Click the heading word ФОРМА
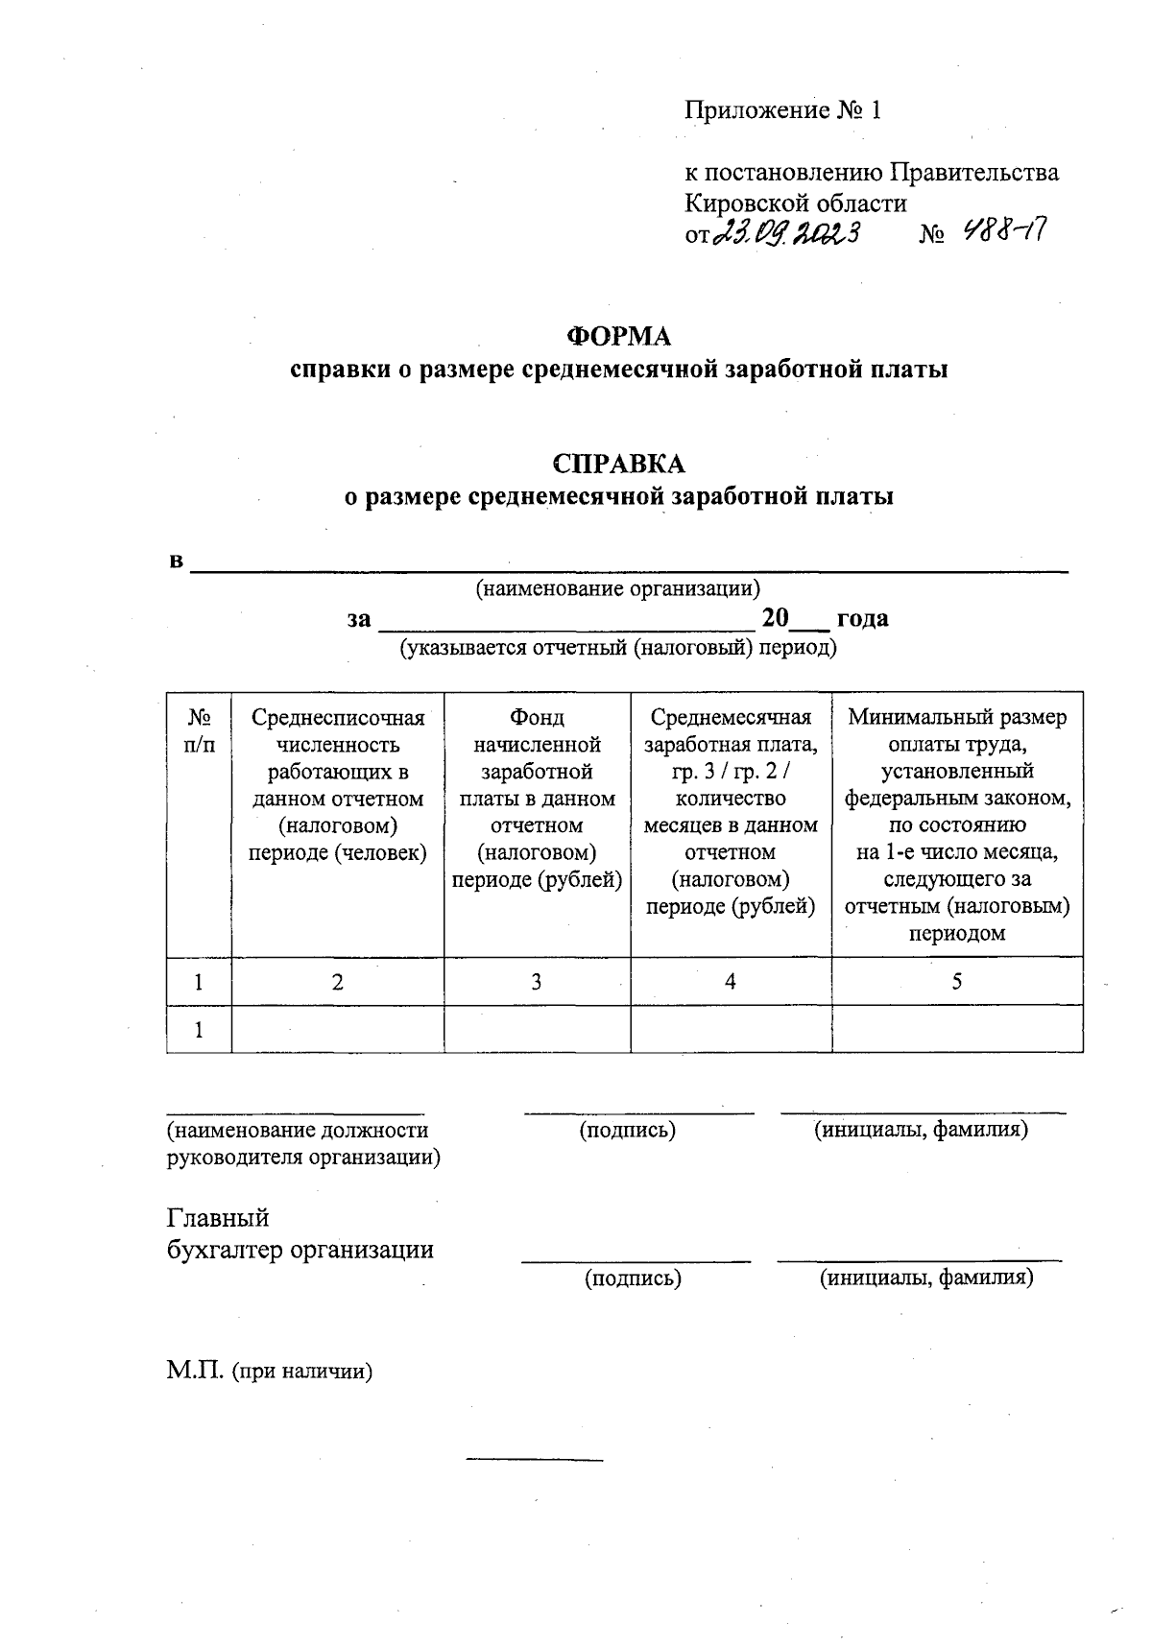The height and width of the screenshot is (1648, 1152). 619,336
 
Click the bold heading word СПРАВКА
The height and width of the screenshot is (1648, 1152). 619,464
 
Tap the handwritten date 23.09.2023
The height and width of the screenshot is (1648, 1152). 787,232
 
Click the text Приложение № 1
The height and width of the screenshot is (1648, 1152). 782,110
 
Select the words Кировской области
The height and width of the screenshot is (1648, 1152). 795,203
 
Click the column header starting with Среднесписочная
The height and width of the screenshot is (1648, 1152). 337,785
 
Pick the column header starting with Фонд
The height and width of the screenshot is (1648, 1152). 537,799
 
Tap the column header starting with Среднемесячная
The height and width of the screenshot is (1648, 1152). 731,812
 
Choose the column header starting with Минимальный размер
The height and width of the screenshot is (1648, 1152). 957,825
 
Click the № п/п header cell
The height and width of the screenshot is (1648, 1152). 199,730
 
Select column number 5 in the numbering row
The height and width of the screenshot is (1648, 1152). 957,981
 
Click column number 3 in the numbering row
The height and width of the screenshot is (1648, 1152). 537,981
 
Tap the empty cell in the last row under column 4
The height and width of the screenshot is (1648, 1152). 731,1030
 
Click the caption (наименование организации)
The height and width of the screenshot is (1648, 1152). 619,588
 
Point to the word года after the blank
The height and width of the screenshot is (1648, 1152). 862,618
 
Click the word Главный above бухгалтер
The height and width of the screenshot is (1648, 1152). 218,1218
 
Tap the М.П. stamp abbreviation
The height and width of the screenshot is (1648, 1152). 194,1372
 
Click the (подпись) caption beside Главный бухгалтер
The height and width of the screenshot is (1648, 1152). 634,1278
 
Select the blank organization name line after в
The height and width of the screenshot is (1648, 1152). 629,564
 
